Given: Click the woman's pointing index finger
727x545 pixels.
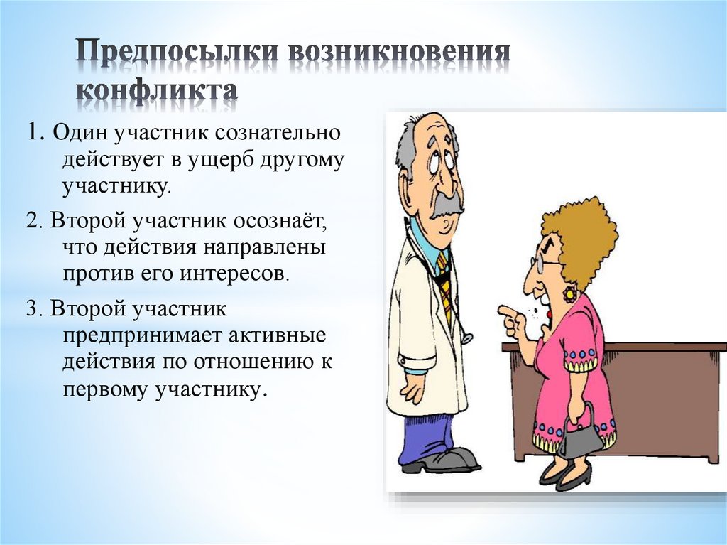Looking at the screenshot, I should pyautogui.click(x=506, y=311).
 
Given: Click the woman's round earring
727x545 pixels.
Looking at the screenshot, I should pyautogui.click(x=569, y=293).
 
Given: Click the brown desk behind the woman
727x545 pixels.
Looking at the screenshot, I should pyautogui.click(x=667, y=398).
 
